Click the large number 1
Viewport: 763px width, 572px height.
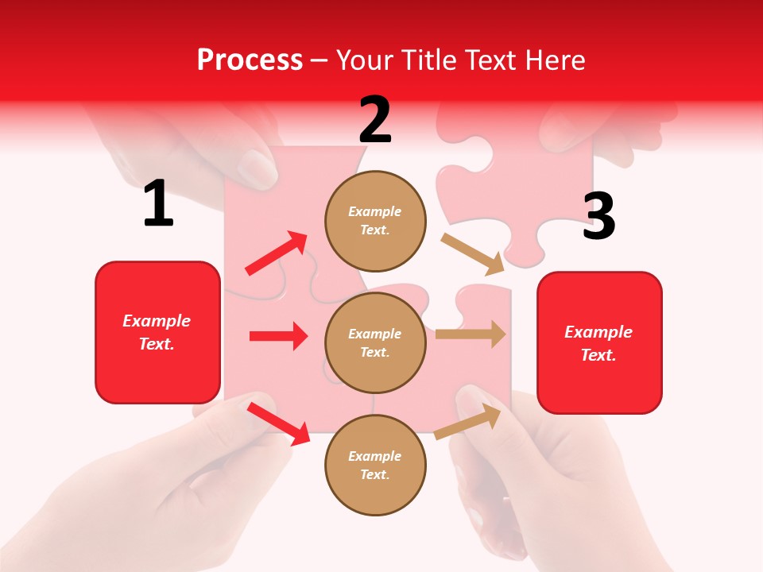(158, 204)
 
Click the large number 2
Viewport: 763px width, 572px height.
(375, 120)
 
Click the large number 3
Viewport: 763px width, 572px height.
(599, 217)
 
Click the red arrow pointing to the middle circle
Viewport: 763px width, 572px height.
(278, 336)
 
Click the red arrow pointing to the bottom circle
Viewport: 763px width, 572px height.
(278, 423)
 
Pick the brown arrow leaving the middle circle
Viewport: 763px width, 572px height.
(471, 334)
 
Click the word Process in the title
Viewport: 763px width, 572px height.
(250, 60)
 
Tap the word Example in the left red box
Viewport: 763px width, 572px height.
(157, 321)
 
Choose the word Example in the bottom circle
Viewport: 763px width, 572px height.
(375, 456)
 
